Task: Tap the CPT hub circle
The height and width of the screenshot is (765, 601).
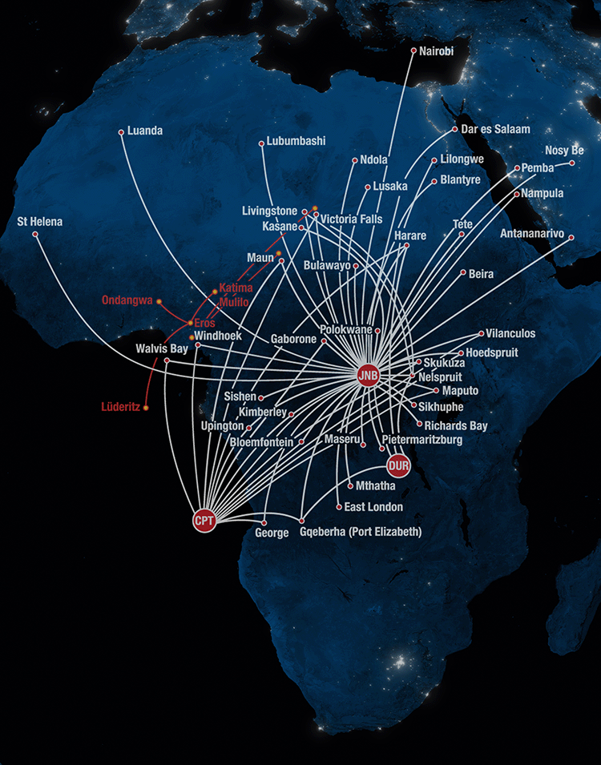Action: point(204,521)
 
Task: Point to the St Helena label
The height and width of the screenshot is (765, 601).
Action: point(39,220)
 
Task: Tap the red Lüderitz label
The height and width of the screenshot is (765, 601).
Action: point(120,406)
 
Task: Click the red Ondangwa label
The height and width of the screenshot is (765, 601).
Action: point(127,300)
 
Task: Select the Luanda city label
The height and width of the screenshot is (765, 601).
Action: point(145,131)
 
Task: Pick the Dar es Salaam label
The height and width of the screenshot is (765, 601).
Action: point(496,129)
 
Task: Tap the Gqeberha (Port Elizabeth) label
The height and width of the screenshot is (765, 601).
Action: point(360,532)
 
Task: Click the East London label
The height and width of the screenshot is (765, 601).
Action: point(373,507)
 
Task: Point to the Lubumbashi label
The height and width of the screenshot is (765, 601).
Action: point(296,141)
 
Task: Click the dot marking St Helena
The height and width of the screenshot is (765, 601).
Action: point(34,234)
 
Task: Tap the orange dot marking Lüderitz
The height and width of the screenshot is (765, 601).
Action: point(146,408)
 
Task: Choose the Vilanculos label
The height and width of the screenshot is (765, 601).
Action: point(510,333)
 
